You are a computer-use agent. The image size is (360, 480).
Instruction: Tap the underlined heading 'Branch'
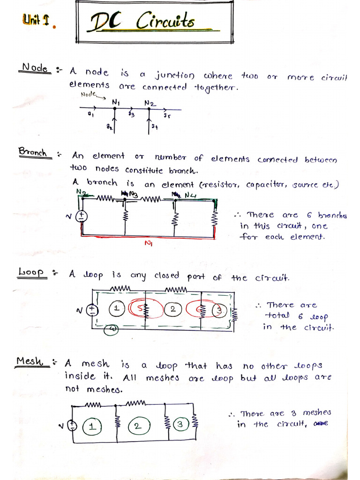(x=33, y=152)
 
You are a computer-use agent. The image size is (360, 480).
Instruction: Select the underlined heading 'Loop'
(x=32, y=272)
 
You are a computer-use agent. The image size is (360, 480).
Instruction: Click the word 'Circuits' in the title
(x=165, y=21)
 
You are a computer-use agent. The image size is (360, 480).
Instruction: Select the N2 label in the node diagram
(x=150, y=102)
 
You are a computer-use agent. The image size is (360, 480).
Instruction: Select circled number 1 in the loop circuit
(x=116, y=309)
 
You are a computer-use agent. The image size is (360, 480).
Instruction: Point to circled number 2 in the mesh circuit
(x=136, y=426)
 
